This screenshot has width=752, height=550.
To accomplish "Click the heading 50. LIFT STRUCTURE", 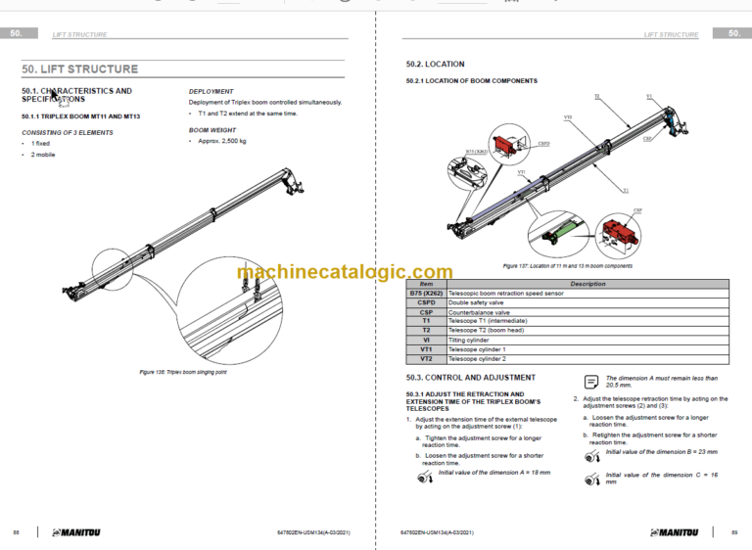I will pos(80,69).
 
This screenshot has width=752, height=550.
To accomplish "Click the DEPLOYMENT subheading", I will pos(211,91).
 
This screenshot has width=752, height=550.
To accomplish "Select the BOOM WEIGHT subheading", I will pos(212,129).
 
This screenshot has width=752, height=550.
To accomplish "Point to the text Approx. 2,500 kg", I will pos(217,141).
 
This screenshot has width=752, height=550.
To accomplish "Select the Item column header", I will pos(426,284).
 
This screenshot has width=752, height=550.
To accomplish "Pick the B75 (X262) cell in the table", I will pos(426,294).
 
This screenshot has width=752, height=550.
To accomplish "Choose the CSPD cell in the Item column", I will pos(426,302).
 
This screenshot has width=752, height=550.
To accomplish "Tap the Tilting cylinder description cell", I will pos(470,340).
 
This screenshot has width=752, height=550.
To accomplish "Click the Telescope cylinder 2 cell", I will pos(477,358).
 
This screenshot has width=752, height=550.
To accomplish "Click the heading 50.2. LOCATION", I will pos(436,65).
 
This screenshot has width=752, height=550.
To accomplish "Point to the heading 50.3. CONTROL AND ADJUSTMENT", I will pos(470,377).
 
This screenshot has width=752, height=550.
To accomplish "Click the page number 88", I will pos(16,531).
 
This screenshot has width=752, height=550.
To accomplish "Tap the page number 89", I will pos(734,531).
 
